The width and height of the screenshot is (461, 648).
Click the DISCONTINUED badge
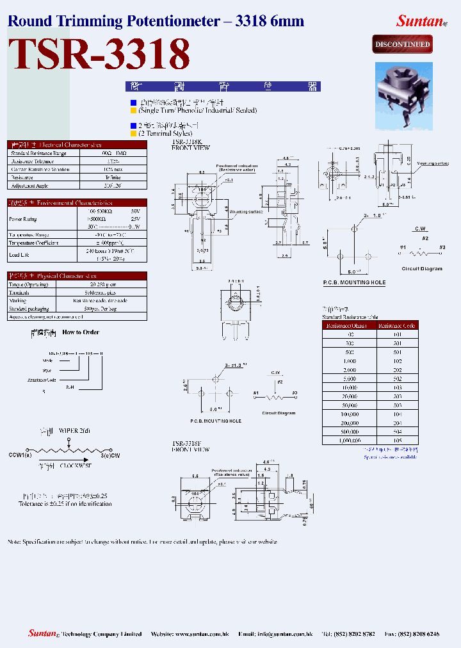[403, 45]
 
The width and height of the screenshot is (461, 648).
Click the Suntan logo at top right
[420, 20]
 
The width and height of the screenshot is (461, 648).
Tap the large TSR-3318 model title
[99, 55]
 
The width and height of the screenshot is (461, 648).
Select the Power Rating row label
[22, 218]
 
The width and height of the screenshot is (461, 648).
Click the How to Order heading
[81, 332]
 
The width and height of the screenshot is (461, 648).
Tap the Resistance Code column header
[396, 325]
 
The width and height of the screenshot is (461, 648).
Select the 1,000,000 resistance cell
[350, 441]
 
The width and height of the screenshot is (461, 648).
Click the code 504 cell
[396, 432]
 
